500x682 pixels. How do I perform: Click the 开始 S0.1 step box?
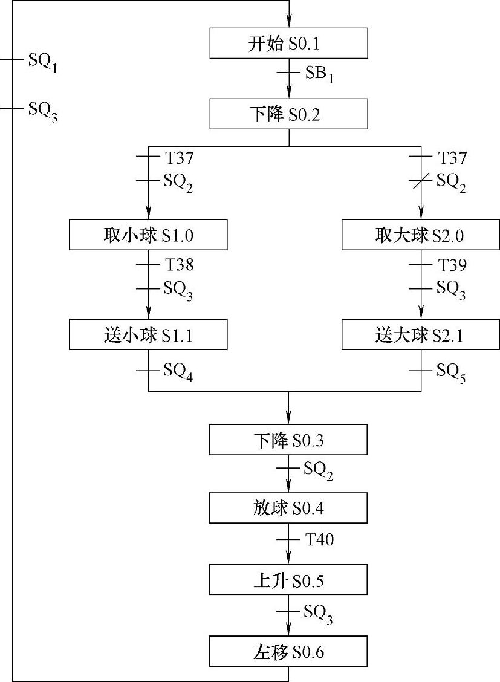click(288, 44)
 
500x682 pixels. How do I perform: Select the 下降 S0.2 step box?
click(288, 114)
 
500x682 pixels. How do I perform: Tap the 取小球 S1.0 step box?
click(148, 235)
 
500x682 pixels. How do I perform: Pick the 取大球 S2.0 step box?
click(421, 235)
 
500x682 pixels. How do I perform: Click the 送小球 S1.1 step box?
click(148, 335)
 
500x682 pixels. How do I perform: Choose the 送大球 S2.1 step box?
click(421, 335)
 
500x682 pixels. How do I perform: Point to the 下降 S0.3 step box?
click(288, 440)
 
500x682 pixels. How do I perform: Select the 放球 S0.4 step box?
click(288, 508)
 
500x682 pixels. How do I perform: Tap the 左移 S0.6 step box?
click(288, 651)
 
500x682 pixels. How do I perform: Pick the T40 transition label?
click(319, 539)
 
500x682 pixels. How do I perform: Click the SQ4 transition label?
click(178, 372)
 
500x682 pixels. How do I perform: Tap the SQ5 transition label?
click(451, 372)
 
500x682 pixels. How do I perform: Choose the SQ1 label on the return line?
click(43, 62)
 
